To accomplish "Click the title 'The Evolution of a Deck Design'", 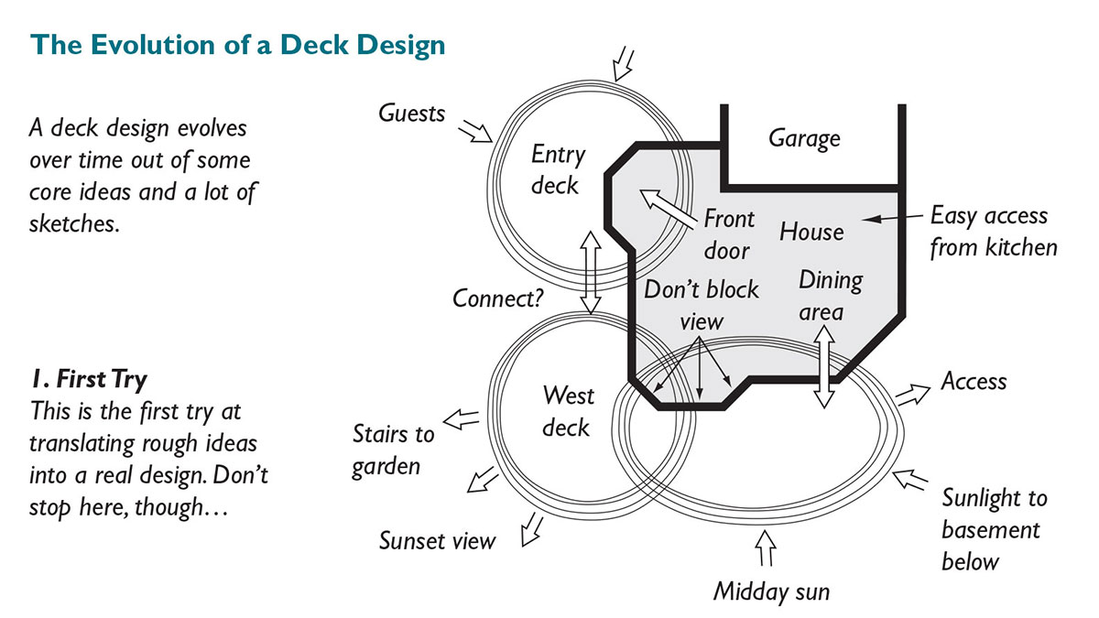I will [238, 44].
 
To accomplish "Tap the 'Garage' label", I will [803, 138].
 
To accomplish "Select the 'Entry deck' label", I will [557, 170].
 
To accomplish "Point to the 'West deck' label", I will [567, 411].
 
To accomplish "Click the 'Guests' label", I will [411, 114].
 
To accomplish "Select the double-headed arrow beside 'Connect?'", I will [591, 271].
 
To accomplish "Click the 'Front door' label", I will [728, 234].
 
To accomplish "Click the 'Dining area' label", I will [830, 296].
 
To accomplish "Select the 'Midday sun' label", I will [771, 591].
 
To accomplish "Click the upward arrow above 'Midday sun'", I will [766, 549].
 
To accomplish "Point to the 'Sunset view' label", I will [437, 540].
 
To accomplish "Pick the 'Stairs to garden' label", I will [393, 448].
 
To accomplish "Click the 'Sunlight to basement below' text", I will [994, 529].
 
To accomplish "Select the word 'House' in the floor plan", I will [811, 231].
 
